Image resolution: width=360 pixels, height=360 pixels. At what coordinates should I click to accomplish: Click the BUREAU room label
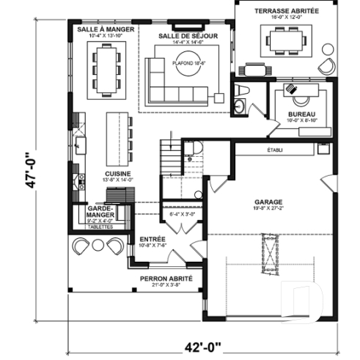pyautogui.click(x=301, y=115)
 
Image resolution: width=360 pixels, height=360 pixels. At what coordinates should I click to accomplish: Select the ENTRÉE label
pyautogui.click(x=153, y=239)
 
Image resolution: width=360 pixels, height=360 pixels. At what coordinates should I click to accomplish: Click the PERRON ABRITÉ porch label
pyautogui.click(x=166, y=279)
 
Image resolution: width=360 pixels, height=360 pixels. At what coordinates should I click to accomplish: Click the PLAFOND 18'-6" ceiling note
pyautogui.click(x=187, y=63)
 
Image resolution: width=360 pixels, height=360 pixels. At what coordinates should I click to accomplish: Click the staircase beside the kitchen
pyautogui.click(x=170, y=155)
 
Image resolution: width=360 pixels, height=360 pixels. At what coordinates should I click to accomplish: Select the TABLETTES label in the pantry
pyautogui.click(x=100, y=227)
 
